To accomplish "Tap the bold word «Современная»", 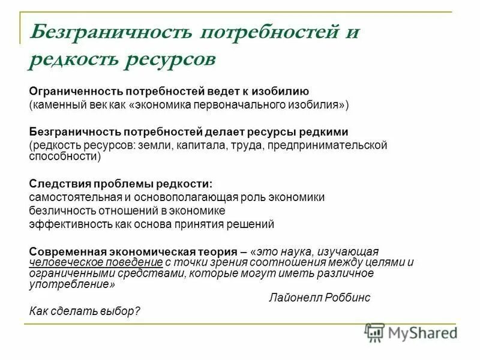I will coord(63,251).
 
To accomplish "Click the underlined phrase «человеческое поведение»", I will coord(96,262).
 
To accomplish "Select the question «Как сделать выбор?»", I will coord(84,311).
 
